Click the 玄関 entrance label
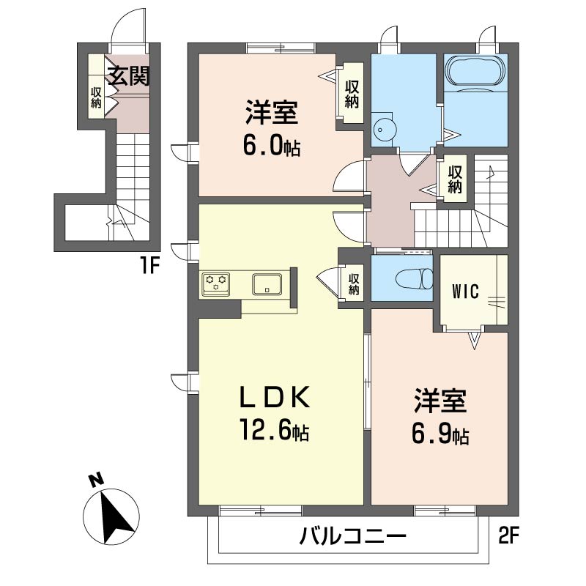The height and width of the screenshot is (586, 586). pyautogui.click(x=129, y=76)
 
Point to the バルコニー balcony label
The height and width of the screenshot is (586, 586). pyautogui.click(x=352, y=538)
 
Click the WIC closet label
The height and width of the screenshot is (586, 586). pyautogui.click(x=464, y=292)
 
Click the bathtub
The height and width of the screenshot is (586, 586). pyautogui.click(x=475, y=74)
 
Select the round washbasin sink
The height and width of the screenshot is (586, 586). pyautogui.click(x=384, y=129)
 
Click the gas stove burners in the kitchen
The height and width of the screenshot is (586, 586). pyautogui.click(x=217, y=282)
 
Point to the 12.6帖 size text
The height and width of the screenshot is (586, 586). pyautogui.click(x=272, y=431)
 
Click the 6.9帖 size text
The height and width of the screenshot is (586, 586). pyautogui.click(x=439, y=435)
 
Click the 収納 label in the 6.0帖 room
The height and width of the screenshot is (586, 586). pyautogui.click(x=352, y=94)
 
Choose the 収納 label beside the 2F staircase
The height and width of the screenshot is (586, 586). pyautogui.click(x=454, y=179)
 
